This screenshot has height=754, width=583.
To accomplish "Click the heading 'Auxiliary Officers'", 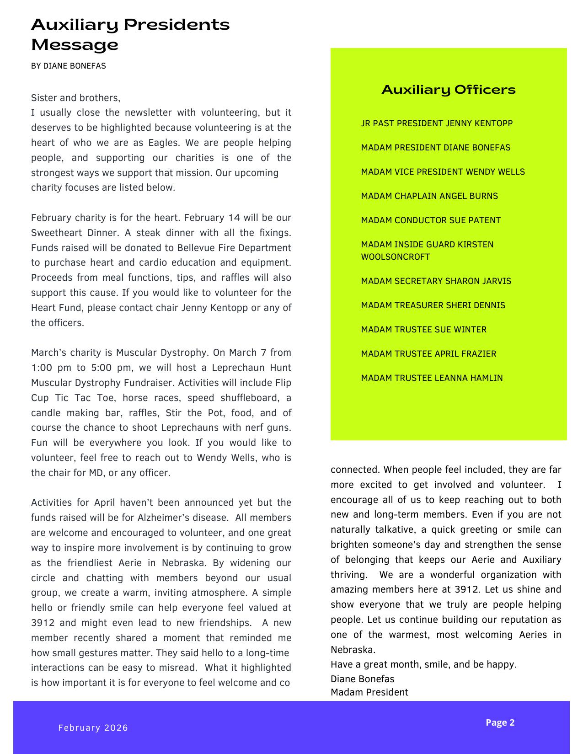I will click(448, 90).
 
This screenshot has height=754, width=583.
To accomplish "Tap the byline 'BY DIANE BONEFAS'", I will click(69, 66).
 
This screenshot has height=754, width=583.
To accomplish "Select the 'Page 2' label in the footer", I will click(500, 722).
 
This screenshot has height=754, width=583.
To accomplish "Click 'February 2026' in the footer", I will click(93, 727).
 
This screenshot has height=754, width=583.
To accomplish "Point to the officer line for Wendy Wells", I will click(443, 172).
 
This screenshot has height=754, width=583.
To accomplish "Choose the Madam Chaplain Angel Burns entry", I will click(429, 196).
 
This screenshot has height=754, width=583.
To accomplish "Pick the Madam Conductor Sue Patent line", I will click(430, 220).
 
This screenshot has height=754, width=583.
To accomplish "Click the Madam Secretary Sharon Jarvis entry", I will click(436, 281).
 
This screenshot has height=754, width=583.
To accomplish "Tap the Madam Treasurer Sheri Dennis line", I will click(433, 305).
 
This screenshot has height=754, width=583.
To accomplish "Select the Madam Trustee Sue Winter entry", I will click(423, 330).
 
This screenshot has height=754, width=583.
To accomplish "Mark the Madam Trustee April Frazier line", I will click(428, 354).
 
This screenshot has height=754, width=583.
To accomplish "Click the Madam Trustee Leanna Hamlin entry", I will click(432, 378).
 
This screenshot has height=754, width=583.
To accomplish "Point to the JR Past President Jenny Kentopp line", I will click(436, 123).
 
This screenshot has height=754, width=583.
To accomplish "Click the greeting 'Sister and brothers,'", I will click(75, 98).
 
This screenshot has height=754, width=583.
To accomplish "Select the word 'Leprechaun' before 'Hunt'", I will click(239, 368).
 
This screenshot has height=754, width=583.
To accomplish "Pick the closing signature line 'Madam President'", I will click(369, 692).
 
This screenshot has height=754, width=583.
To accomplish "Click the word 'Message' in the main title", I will click(75, 45).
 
